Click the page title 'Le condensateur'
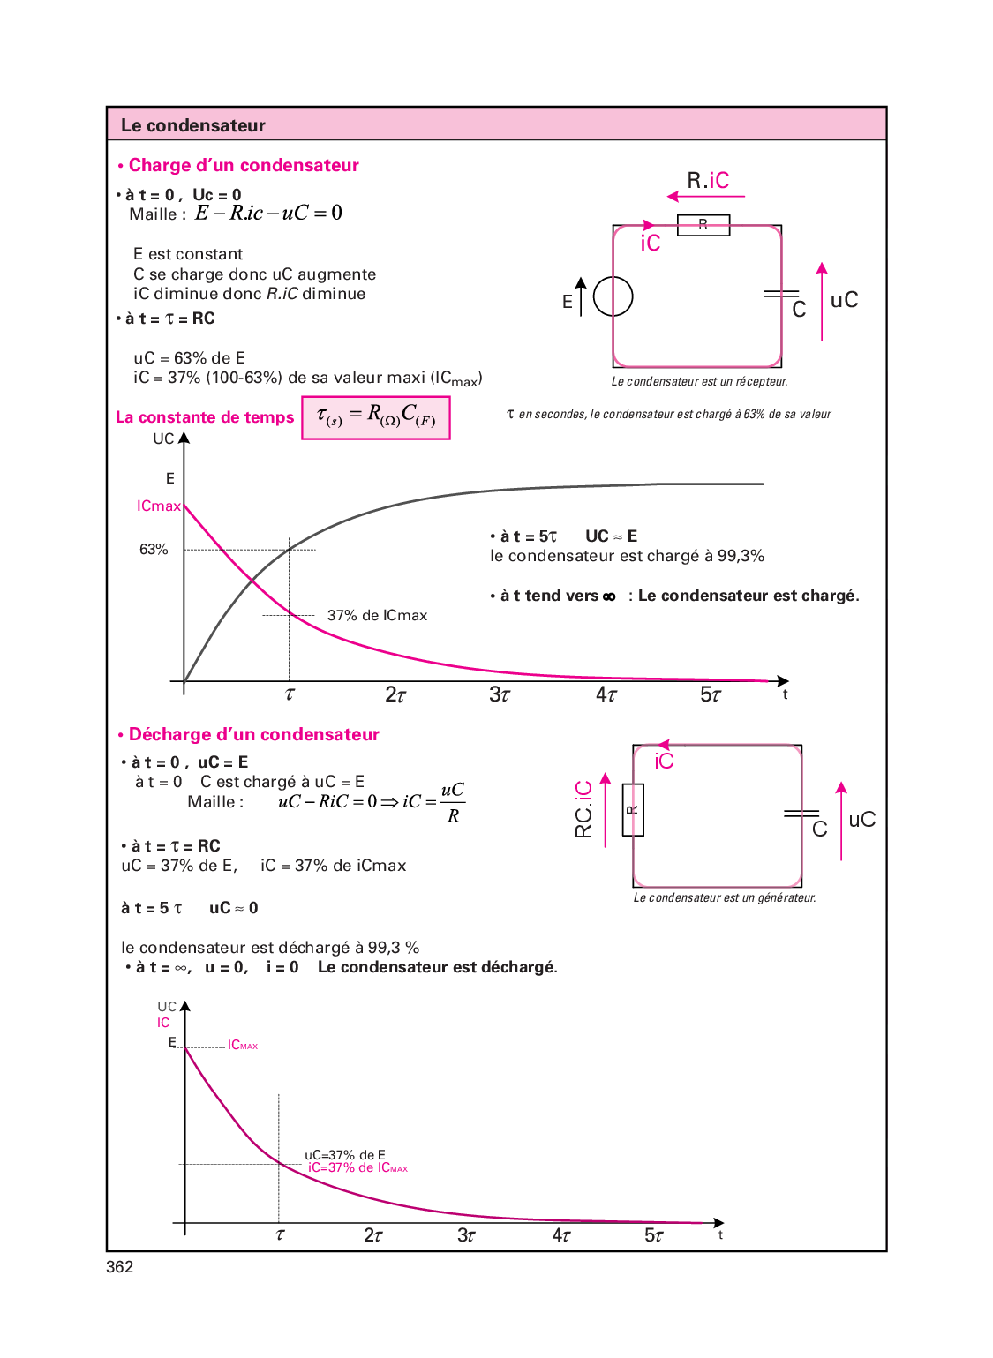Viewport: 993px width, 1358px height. [x=192, y=125]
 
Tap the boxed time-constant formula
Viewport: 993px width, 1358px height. [x=376, y=417]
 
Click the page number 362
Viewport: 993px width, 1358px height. [x=119, y=1267]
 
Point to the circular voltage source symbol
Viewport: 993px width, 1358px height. [x=613, y=296]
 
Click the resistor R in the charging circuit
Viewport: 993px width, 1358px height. [x=703, y=225]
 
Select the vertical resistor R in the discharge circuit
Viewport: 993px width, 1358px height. [x=633, y=809]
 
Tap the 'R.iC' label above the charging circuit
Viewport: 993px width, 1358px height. [x=708, y=181]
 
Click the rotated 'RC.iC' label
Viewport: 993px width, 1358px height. [x=583, y=809]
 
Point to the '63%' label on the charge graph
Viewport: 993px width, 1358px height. [x=154, y=550]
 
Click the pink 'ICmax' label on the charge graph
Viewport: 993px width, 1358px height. [x=158, y=506]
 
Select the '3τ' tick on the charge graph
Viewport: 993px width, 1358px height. [x=500, y=695]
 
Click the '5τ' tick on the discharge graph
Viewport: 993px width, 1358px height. [x=654, y=1235]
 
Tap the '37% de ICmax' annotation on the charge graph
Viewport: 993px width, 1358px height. [x=377, y=615]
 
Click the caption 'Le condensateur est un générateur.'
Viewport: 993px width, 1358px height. [x=725, y=898]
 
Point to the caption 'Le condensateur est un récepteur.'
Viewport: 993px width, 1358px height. [x=699, y=382]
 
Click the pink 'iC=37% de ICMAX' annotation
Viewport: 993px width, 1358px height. [x=357, y=1168]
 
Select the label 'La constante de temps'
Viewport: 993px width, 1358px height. [x=205, y=417]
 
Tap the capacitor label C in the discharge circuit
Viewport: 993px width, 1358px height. [x=819, y=829]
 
